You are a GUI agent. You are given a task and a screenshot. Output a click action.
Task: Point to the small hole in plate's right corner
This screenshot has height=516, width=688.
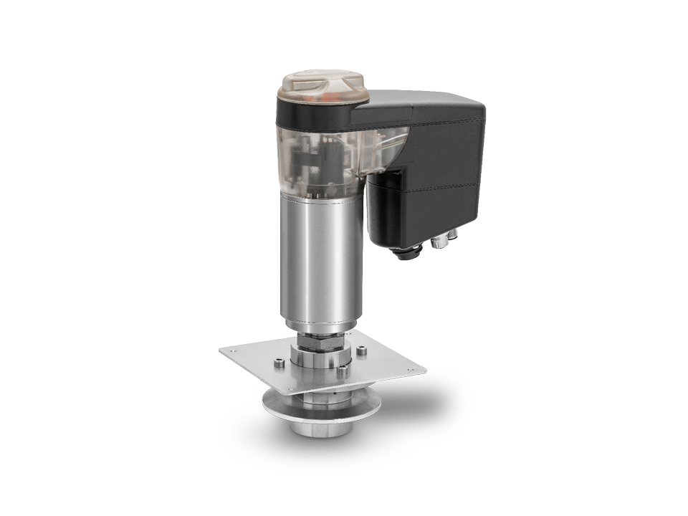pos(412,371)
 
